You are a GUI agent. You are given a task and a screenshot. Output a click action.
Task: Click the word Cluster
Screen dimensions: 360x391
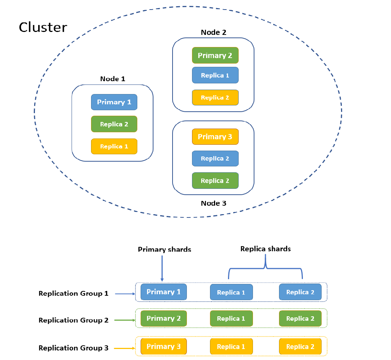point(43,28)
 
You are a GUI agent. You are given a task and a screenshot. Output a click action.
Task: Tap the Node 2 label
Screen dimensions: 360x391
point(213,32)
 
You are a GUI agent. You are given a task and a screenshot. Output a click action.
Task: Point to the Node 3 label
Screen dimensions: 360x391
point(213,203)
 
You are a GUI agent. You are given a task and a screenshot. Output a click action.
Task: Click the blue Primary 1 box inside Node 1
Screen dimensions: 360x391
point(114,102)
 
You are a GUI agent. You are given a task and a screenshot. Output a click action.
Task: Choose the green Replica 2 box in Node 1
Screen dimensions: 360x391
point(114,124)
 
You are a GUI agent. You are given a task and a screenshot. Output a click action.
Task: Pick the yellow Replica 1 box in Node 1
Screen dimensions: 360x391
point(114,146)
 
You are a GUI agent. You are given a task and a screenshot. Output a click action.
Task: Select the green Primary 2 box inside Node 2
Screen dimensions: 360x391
point(215,55)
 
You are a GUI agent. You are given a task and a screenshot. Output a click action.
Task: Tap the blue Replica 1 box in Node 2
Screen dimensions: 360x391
point(215,75)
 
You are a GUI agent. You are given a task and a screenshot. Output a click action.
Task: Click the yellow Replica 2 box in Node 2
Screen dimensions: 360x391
point(215,97)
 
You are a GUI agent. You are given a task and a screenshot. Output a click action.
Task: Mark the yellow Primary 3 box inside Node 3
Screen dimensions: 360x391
point(215,137)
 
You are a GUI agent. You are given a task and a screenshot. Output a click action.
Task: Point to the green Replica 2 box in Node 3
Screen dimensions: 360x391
point(215,181)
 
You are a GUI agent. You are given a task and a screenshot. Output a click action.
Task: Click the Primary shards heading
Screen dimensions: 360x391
point(164,249)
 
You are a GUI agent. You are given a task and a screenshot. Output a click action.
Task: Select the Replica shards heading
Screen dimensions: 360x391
point(265,249)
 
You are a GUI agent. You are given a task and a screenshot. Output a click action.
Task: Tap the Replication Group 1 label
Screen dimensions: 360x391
point(73,294)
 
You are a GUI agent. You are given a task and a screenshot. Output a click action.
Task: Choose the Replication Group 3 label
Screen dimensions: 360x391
point(73,348)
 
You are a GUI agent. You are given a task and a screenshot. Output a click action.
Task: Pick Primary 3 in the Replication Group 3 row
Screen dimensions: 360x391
point(164,346)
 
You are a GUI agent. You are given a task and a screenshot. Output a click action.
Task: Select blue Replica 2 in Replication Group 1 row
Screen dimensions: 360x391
point(300,292)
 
